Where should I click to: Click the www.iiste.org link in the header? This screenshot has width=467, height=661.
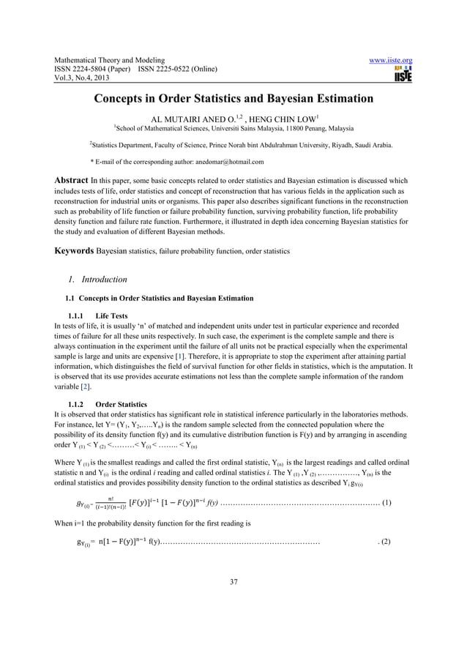point(392,60)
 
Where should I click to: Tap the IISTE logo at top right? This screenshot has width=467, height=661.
point(403,75)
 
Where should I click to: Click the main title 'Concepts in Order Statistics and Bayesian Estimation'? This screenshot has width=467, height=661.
point(233,99)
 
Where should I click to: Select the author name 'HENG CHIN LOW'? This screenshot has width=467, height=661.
point(291,116)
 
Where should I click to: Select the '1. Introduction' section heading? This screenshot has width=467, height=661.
point(98,279)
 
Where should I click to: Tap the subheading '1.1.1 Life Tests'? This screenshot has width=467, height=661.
point(97,315)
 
